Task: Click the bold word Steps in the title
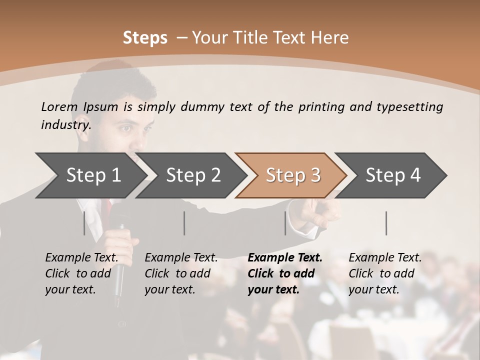point(145,38)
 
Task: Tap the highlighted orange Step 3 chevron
point(293,175)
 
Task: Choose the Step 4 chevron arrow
point(393,175)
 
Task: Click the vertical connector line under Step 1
point(84,223)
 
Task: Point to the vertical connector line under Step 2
point(184,223)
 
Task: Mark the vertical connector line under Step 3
point(285,223)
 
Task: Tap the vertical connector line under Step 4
point(386,223)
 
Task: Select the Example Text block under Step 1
point(82,273)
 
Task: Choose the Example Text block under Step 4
point(385,273)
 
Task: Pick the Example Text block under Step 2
point(181,273)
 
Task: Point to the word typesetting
point(409,107)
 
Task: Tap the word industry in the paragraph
point(65,124)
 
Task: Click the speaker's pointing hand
point(320,212)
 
